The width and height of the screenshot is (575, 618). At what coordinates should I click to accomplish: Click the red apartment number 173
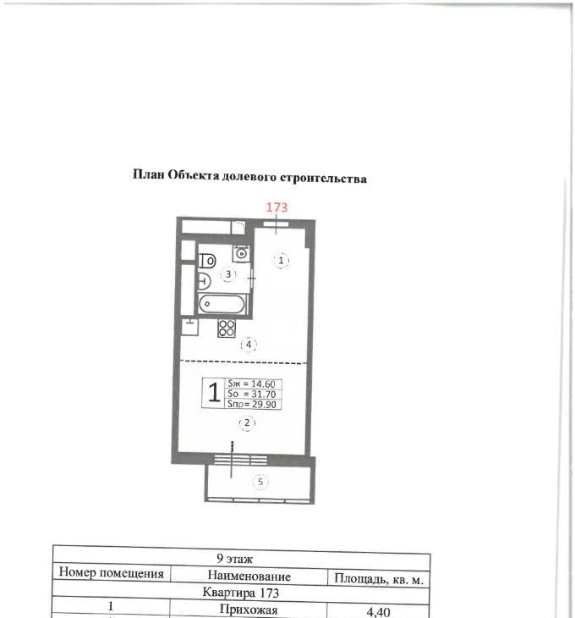click(277, 207)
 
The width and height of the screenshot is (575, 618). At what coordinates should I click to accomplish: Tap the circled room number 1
click(281, 261)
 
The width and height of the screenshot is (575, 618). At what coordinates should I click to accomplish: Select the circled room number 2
click(247, 423)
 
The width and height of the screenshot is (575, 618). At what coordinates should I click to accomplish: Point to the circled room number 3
click(228, 274)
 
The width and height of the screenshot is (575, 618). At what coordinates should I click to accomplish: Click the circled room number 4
click(249, 345)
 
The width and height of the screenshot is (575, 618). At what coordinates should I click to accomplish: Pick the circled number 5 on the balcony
click(260, 482)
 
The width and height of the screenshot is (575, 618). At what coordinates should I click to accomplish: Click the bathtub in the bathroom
click(222, 304)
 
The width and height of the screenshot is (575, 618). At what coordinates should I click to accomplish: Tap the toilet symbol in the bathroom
click(207, 261)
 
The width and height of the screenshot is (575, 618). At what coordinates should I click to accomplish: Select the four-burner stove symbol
click(227, 328)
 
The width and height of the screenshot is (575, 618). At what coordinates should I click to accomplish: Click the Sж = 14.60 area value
click(251, 383)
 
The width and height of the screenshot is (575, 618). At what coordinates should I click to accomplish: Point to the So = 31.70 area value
click(251, 394)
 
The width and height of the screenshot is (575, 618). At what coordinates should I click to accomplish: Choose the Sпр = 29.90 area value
click(251, 404)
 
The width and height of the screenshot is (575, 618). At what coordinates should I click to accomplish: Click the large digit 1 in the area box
click(214, 393)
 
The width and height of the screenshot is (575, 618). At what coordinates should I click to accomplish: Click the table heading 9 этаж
click(234, 559)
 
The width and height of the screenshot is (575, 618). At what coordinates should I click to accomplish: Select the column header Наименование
click(249, 576)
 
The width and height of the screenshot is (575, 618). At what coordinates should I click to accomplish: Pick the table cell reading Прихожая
click(249, 610)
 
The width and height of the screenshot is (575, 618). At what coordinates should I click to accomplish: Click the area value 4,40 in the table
click(378, 612)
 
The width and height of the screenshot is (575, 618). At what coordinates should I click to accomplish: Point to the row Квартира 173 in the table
click(240, 593)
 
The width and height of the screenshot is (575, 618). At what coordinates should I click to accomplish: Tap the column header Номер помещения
click(111, 573)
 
